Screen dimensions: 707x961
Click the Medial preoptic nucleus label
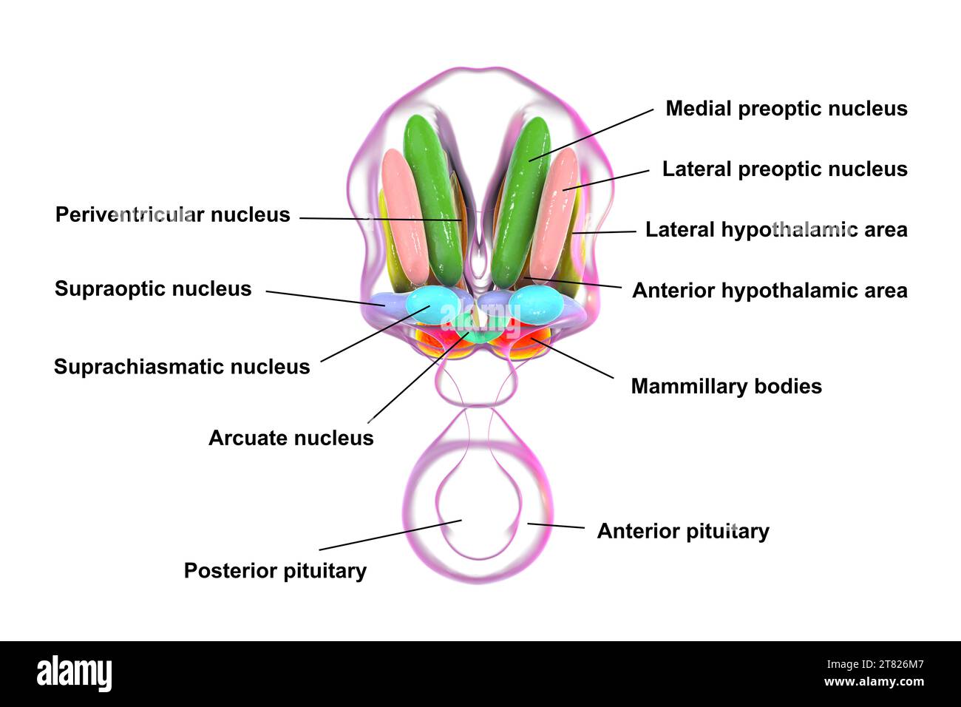[x=786, y=109]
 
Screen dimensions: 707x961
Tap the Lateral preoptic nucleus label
[x=784, y=169]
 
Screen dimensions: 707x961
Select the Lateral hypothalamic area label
[x=776, y=230]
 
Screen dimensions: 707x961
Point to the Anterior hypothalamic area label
[x=770, y=291]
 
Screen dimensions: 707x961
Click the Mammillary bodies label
[x=726, y=387]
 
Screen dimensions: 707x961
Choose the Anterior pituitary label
[x=682, y=532]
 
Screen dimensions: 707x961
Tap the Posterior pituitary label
[x=275, y=571]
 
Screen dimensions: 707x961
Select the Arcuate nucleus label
[x=291, y=438]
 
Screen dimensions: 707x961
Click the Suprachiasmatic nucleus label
[x=182, y=367]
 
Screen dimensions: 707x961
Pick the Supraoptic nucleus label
[x=153, y=288]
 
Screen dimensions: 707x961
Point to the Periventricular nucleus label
[x=173, y=215]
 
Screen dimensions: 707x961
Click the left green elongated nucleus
[x=433, y=200]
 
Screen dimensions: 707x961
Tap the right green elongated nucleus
[x=522, y=200]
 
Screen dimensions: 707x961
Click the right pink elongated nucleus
[x=554, y=214]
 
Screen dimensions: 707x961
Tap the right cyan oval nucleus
[x=537, y=304]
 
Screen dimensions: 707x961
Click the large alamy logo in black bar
[x=74, y=674]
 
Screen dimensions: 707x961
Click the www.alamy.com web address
[x=874, y=683]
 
